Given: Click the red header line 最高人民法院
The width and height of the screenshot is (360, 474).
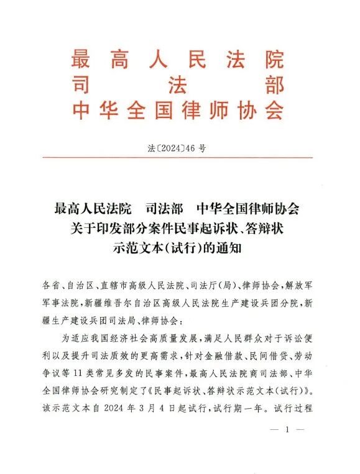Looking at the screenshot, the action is click(x=178, y=60).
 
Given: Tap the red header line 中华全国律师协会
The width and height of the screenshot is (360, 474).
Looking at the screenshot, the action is click(x=178, y=110).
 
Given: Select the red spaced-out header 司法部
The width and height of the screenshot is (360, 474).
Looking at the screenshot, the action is click(x=178, y=85).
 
